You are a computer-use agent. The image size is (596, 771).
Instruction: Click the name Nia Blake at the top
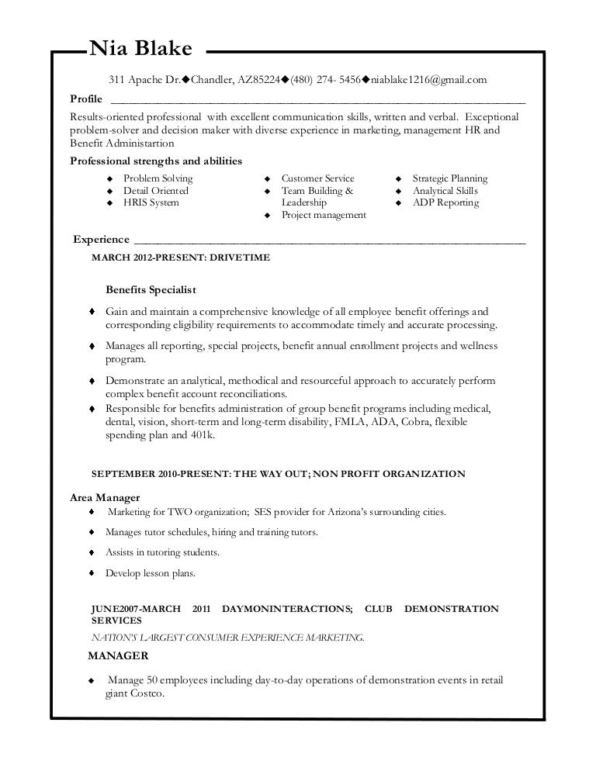pyautogui.click(x=140, y=50)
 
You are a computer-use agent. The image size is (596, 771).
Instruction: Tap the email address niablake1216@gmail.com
pyautogui.click(x=429, y=80)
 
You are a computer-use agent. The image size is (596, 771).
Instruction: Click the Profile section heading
pyautogui.click(x=86, y=100)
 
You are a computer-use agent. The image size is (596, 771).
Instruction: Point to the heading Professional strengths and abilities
pyautogui.click(x=156, y=161)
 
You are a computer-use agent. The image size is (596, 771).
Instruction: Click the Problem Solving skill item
pyautogui.click(x=158, y=178)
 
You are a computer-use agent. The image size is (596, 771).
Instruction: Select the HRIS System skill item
pyautogui.click(x=151, y=203)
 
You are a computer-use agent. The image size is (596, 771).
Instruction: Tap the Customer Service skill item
pyautogui.click(x=317, y=178)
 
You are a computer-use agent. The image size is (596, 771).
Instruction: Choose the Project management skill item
pyautogui.click(x=324, y=216)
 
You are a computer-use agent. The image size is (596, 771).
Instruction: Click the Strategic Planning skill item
pyautogui.click(x=450, y=178)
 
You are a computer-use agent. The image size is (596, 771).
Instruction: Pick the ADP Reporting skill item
pyautogui.click(x=445, y=203)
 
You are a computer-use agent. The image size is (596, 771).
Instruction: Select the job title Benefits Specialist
pyautogui.click(x=151, y=290)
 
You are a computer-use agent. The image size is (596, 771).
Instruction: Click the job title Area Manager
pyautogui.click(x=105, y=497)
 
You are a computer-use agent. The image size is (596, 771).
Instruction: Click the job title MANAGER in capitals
pyautogui.click(x=118, y=656)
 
